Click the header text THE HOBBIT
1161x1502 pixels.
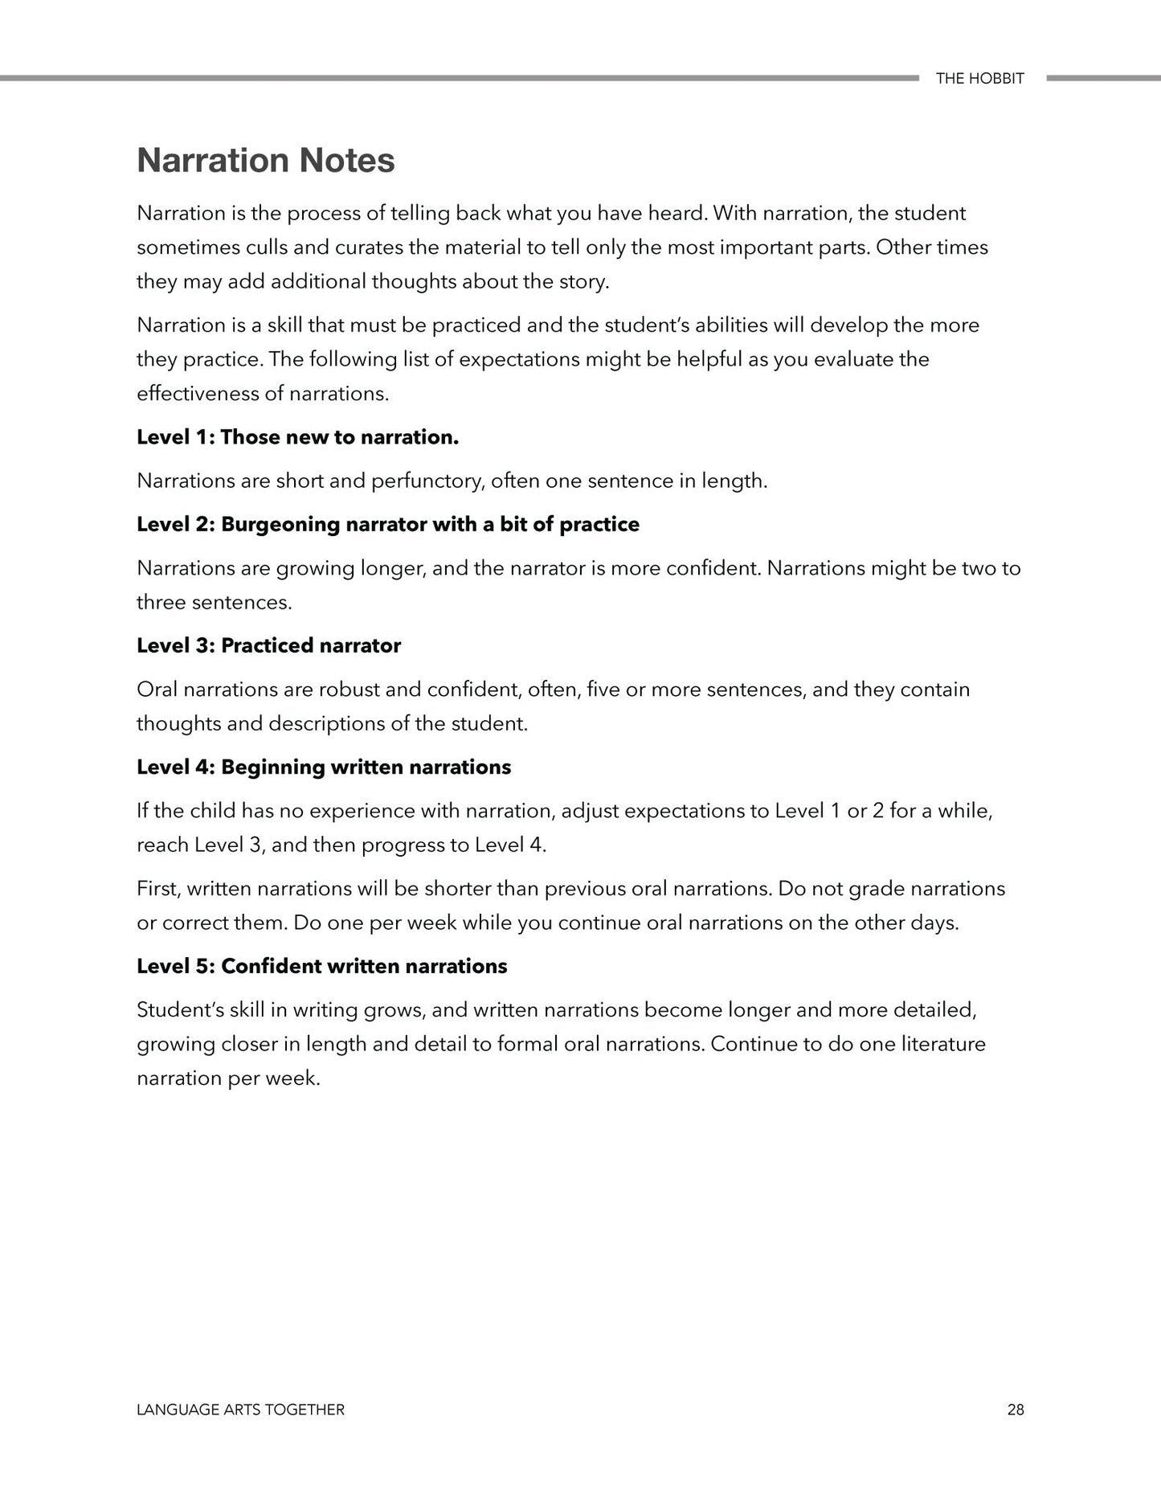979,79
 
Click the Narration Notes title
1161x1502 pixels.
265,160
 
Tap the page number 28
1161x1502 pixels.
1015,1410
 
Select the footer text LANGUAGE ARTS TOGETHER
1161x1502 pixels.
240,1410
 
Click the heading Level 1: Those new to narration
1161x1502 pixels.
297,437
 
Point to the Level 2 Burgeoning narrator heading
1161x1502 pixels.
388,525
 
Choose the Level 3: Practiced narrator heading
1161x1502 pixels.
268,646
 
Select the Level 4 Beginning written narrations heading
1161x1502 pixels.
324,767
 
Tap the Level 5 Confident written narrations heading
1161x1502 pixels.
321,966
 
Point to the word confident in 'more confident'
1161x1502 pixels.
712,569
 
